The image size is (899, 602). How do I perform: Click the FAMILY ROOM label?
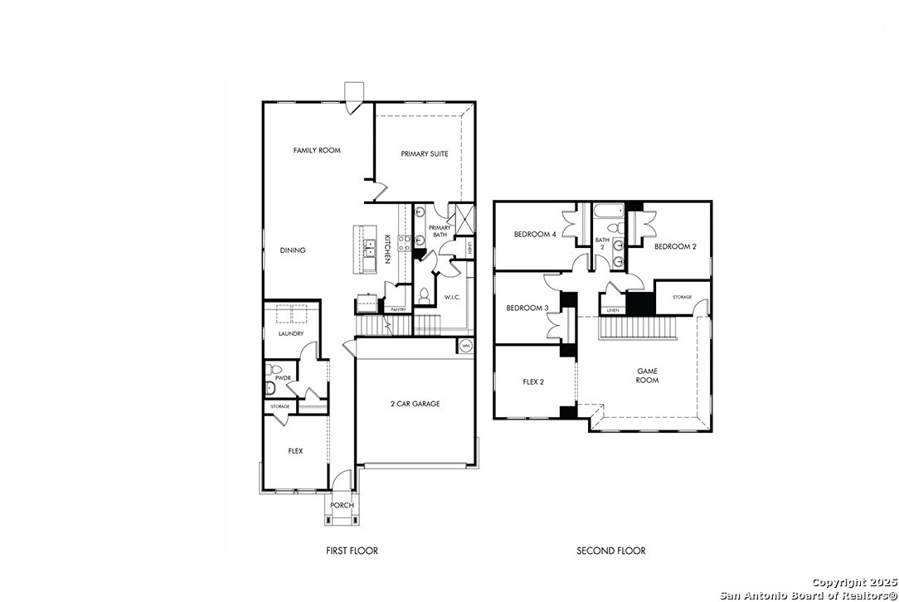pos(317,150)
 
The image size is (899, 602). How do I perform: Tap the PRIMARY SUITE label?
pos(425,153)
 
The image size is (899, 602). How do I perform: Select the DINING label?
pos(293,250)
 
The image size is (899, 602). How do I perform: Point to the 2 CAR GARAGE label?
pos(415,404)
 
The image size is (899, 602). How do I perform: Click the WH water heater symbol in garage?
pos(465,346)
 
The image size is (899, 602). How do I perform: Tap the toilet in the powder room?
pos(273,369)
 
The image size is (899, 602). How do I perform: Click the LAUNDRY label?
pos(291,333)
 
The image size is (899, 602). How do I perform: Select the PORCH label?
pos(343,505)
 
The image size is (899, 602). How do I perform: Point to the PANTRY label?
pos(398,309)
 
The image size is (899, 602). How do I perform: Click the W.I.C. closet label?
pos(452,297)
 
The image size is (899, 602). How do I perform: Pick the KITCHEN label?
pos(387,249)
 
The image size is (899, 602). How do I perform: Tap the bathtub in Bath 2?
pos(608,211)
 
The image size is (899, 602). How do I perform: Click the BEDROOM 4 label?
pos(535,234)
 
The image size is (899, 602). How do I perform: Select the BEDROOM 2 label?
pos(675,246)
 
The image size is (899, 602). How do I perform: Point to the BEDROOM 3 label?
pos(527,308)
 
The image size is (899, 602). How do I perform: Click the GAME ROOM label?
pos(648,376)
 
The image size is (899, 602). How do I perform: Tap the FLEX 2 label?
pos(533,381)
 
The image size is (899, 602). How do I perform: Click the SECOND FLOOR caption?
pos(611,551)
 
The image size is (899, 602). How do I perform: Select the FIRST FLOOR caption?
pos(352,551)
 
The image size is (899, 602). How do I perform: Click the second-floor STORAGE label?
pos(683,297)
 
